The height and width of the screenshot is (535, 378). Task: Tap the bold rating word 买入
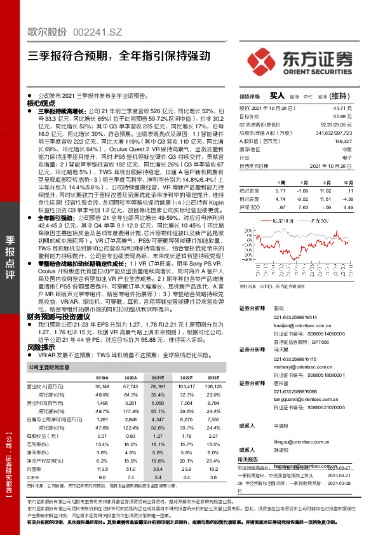pyautogui.click(x=277, y=95)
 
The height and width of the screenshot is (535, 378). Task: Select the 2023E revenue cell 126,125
pyautogui.click(x=212, y=386)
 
